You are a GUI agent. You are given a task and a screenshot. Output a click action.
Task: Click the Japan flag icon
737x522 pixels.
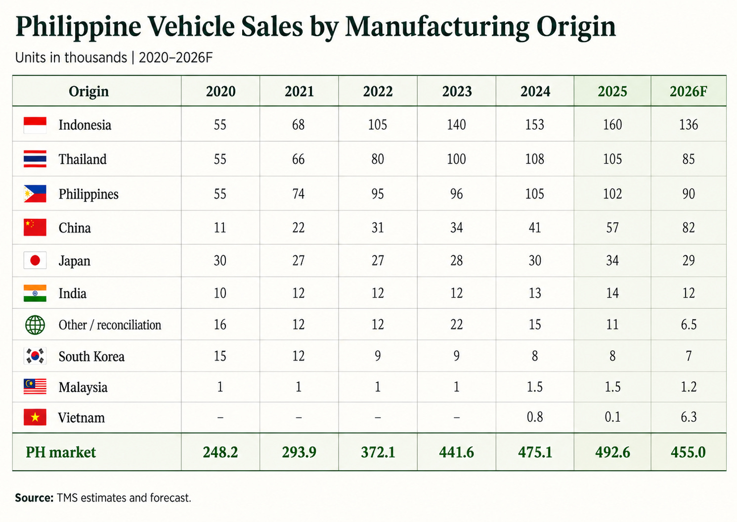[35, 261]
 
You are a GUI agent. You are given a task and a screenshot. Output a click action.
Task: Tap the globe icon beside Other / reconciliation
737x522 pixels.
[35, 325]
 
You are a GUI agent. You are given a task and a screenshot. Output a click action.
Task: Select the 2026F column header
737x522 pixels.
[688, 91]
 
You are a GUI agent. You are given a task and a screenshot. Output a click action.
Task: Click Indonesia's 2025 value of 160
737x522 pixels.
[612, 125]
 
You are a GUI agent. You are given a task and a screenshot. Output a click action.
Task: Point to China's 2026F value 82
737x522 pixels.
[688, 228]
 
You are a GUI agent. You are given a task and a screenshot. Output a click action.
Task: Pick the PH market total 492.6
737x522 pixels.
[612, 452]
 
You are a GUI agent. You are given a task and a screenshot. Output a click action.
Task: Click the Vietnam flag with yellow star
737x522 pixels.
[35, 417]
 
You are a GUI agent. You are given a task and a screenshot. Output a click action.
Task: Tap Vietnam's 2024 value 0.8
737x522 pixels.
[535, 417]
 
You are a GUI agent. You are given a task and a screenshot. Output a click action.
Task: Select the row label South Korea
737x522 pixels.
[91, 356]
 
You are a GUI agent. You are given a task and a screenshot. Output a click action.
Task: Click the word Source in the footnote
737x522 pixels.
[34, 498]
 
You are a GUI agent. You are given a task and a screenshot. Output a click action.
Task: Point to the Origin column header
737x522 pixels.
[88, 91]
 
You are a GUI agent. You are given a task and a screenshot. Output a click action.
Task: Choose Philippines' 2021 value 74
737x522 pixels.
[299, 193]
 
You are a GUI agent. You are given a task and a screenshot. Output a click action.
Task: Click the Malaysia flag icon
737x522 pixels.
[35, 386]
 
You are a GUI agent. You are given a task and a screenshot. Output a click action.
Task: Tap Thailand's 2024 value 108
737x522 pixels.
[535, 159]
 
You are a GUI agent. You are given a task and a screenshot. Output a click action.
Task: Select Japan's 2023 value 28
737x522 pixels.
[456, 261]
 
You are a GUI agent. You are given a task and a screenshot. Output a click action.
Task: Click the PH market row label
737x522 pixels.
[60, 452]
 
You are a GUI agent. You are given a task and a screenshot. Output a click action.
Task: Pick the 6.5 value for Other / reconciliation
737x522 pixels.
[688, 325]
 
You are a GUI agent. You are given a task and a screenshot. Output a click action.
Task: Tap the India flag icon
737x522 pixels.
[35, 293]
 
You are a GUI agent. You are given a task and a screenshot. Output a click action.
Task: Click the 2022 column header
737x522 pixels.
[378, 91]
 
